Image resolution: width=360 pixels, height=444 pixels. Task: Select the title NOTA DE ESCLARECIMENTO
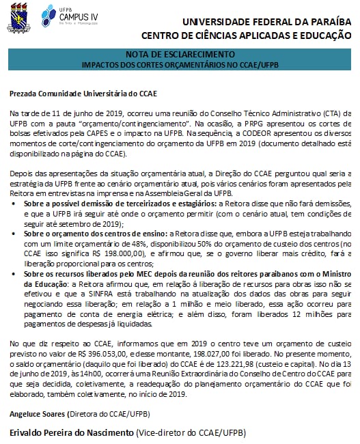point(180,54)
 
